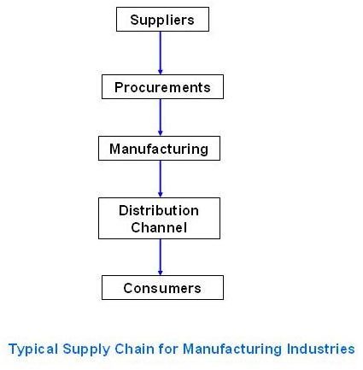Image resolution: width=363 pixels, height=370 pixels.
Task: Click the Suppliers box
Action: (x=162, y=20)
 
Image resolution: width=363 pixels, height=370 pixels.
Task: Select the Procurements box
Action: (x=162, y=87)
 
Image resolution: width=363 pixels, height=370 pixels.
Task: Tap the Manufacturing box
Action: (x=159, y=149)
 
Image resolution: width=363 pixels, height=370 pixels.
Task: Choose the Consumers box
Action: (x=162, y=288)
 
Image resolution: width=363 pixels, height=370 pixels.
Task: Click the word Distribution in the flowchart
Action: (x=159, y=211)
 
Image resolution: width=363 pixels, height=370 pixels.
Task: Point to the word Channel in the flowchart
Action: (x=159, y=227)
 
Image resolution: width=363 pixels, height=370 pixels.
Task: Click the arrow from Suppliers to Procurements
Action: (x=161, y=53)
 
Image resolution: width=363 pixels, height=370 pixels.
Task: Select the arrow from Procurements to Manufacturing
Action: (x=161, y=118)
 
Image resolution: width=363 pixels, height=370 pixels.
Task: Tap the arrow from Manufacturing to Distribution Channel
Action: (x=161, y=179)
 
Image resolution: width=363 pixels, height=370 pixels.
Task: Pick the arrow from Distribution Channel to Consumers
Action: (x=161, y=257)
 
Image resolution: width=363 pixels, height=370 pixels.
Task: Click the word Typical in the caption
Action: (x=33, y=349)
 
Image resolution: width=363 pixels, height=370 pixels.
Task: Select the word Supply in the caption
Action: (x=86, y=349)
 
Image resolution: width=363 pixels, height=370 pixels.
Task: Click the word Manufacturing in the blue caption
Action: (x=232, y=349)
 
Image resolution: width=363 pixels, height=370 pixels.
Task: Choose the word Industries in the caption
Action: (x=320, y=349)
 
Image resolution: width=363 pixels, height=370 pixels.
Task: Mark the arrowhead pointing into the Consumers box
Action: (x=161, y=272)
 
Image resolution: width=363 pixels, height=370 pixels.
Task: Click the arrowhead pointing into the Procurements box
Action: (x=161, y=72)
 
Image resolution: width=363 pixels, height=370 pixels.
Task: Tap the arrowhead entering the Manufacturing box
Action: (x=161, y=133)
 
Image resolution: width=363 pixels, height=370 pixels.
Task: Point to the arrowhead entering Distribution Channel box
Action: (x=161, y=195)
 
